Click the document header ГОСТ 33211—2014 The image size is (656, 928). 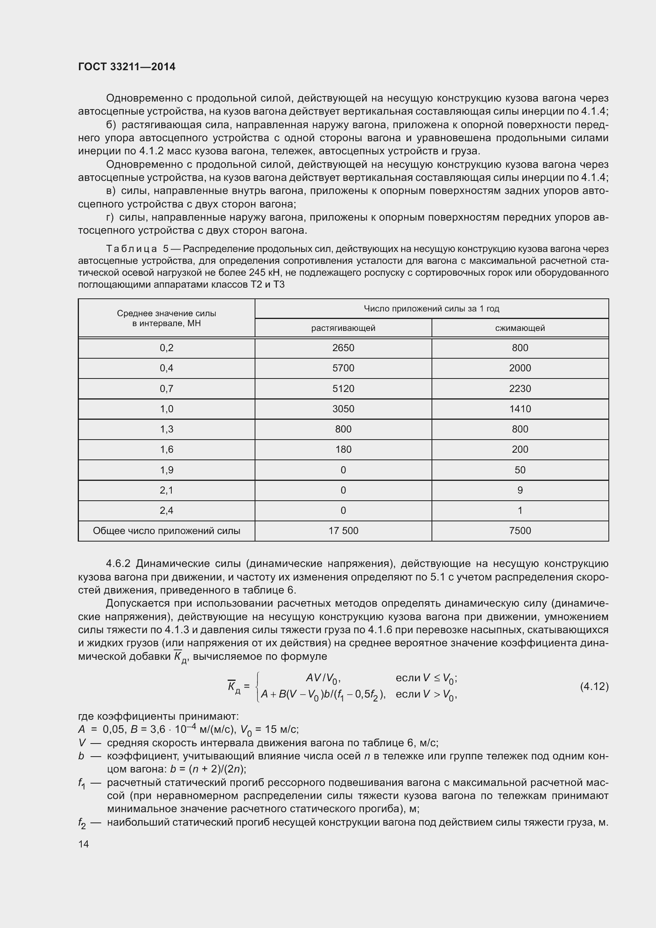pyautogui.click(x=127, y=67)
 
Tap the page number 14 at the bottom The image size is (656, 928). pyautogui.click(x=84, y=844)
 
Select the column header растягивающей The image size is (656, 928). pyautogui.click(x=343, y=328)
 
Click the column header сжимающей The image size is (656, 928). pyautogui.click(x=520, y=328)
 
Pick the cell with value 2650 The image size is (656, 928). pyautogui.click(x=343, y=348)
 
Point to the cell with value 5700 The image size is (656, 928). pyautogui.click(x=343, y=368)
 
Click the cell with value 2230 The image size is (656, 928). pyautogui.click(x=520, y=389)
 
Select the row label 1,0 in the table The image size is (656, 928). pyautogui.click(x=167, y=409)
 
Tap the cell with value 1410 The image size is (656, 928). pyautogui.click(x=520, y=409)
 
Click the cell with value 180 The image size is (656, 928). pyautogui.click(x=343, y=450)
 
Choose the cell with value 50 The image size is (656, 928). pyautogui.click(x=520, y=470)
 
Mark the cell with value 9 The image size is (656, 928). pyautogui.click(x=520, y=490)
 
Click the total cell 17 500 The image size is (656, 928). pyautogui.click(x=343, y=531)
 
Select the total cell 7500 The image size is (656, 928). pyautogui.click(x=520, y=531)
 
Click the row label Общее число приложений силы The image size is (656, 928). pyautogui.click(x=167, y=531)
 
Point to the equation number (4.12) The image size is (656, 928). pyautogui.click(x=594, y=686)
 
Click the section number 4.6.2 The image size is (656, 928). pyautogui.click(x=119, y=563)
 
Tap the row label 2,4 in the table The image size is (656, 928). pyautogui.click(x=167, y=511)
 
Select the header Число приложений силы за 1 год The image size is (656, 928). pyautogui.click(x=432, y=309)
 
